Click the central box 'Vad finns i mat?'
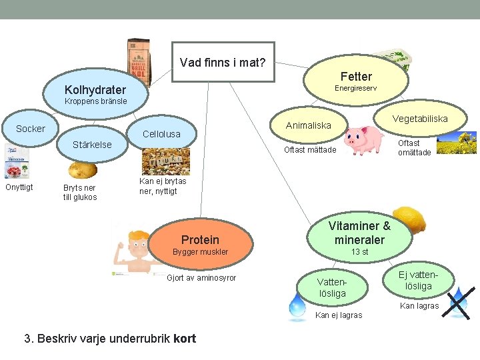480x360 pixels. point(223,63)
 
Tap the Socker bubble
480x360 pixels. point(31,129)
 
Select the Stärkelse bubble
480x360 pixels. point(92,145)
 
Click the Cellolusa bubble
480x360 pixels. point(161,134)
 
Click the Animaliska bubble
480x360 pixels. point(308,125)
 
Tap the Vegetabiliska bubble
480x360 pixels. point(420,119)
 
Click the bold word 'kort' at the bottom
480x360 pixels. point(184,338)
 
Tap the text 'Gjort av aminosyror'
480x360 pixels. point(201,278)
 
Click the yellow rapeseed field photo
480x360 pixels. point(457,143)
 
